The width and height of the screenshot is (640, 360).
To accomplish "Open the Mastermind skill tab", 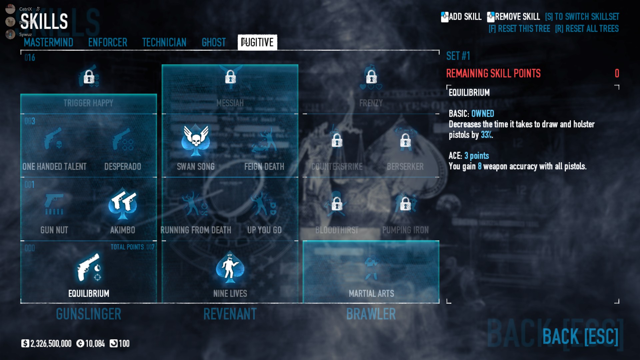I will (x=48, y=42).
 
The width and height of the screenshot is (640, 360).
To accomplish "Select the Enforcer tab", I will (x=108, y=42).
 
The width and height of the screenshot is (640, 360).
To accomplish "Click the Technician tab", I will (x=164, y=42).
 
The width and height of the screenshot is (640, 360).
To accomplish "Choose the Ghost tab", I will (x=214, y=42).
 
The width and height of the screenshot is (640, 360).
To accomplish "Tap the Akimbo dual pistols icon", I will (x=123, y=204).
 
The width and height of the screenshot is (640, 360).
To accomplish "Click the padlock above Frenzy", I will (x=371, y=77).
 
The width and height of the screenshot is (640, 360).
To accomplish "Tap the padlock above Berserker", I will (x=405, y=141).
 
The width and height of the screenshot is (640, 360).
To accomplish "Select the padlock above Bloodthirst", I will (x=337, y=204).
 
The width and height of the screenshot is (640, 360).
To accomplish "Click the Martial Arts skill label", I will (x=371, y=293).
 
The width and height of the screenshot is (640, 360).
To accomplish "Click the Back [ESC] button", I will (x=580, y=336).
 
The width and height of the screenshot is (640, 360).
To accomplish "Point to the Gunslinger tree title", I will (x=88, y=314).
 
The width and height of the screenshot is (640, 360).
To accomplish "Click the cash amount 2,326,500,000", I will (x=51, y=344).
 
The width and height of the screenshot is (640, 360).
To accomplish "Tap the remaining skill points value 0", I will (x=617, y=73).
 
